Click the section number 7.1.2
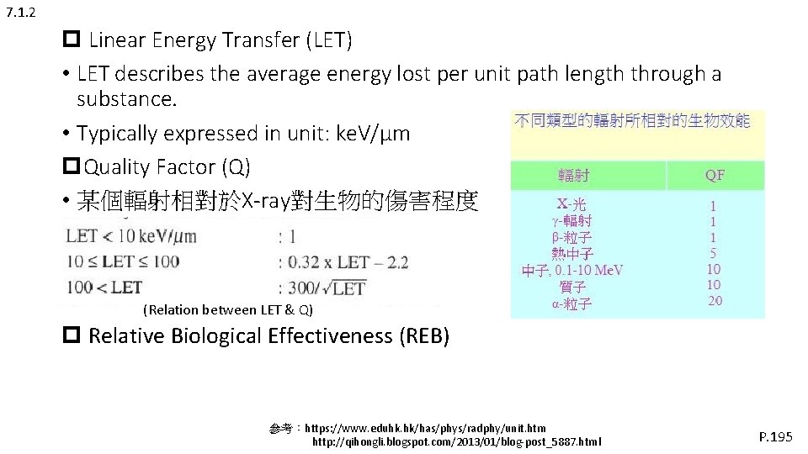tap(19, 13)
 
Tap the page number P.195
tap(775, 436)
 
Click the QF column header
tap(715, 175)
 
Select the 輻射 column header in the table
tap(573, 175)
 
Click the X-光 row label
tap(572, 204)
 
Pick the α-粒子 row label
tap(572, 304)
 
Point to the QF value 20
tap(714, 301)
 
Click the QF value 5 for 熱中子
tap(714, 253)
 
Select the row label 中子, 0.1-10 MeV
tap(572, 271)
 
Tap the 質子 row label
tap(572, 288)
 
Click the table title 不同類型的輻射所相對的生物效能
tap(631, 121)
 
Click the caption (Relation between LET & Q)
tap(229, 310)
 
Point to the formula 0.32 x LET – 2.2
tap(348, 262)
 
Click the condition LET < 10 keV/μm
tap(131, 236)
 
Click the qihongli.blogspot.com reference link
tap(457, 441)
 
